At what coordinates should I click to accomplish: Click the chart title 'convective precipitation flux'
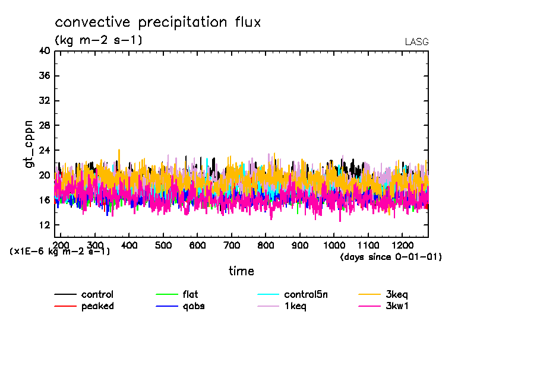point(158,23)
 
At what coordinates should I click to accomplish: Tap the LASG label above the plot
point(416,42)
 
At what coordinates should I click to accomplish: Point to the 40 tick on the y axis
point(44,51)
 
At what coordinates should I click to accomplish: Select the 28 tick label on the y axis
point(44,125)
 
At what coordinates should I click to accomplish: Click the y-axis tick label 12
point(44,225)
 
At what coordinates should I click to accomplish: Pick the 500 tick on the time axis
point(163,245)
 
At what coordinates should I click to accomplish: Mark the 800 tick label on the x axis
point(266,245)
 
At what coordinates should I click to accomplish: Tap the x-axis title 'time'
point(241,271)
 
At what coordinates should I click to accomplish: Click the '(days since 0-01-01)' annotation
point(391,257)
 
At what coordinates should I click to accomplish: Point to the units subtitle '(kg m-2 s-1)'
point(99,40)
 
